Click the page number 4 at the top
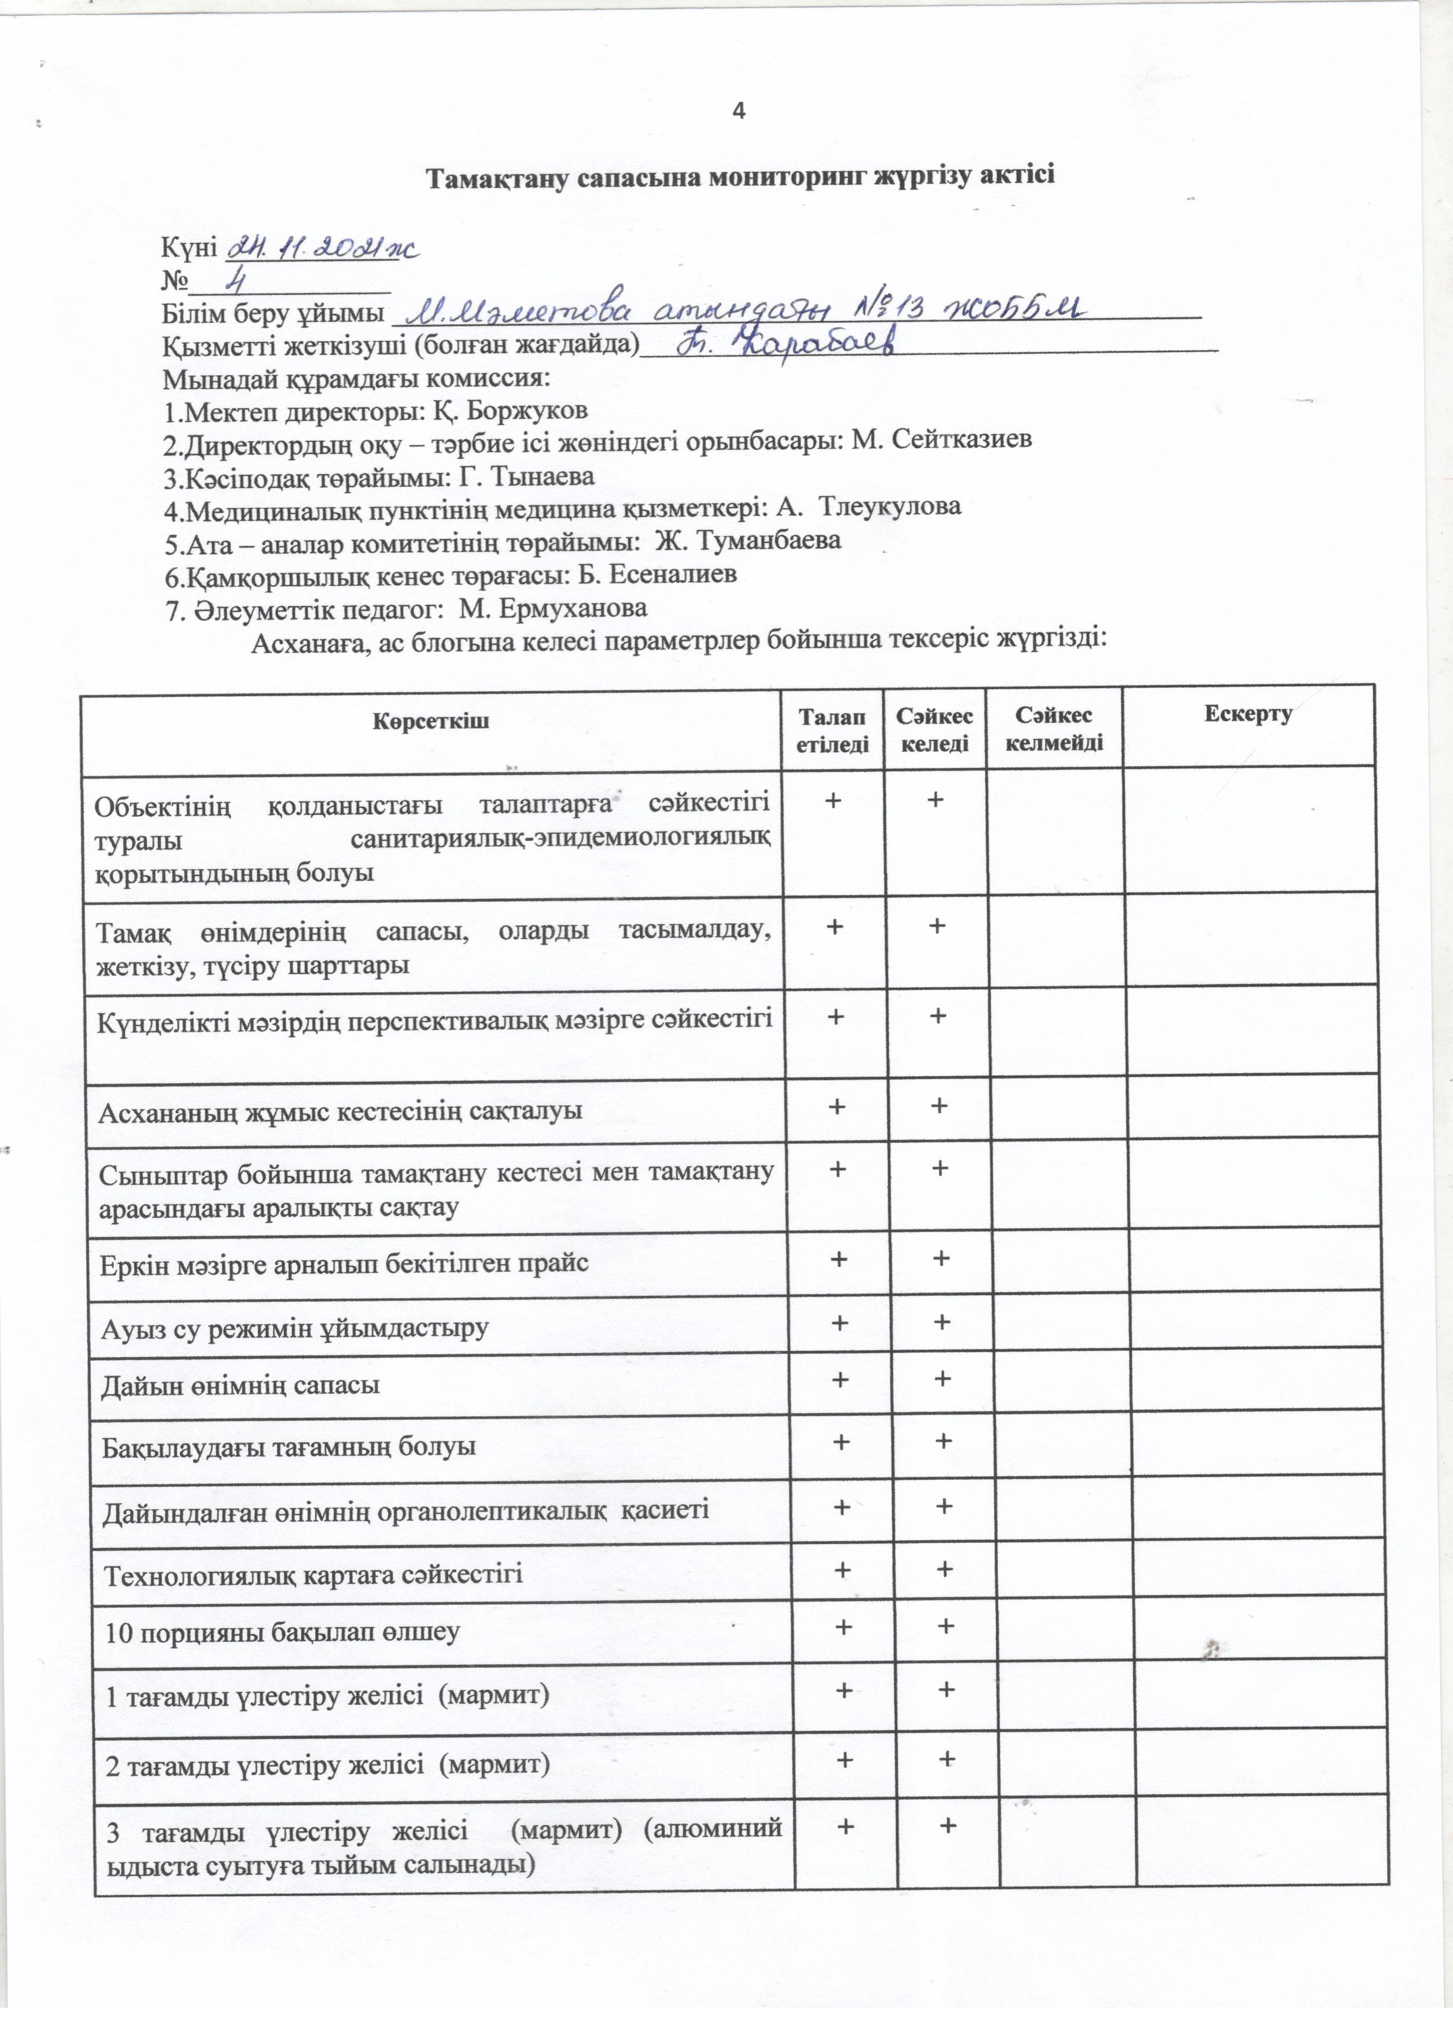[x=739, y=111]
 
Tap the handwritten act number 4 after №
[x=237, y=282]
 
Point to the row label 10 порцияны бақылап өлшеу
[x=282, y=1632]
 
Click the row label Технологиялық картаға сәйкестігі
[x=314, y=1573]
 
